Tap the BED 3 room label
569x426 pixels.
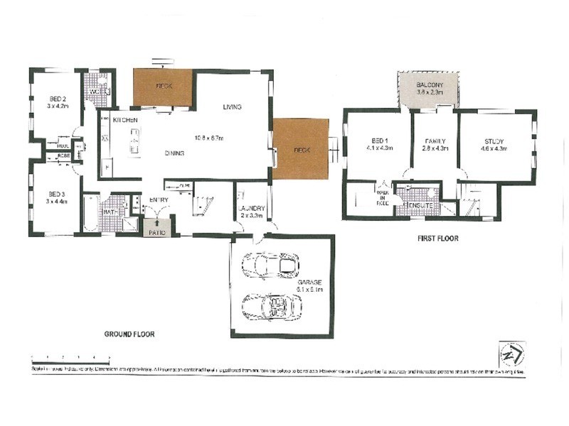pos(58,194)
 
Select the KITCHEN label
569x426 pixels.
pos(124,121)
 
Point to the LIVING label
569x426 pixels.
pos(233,107)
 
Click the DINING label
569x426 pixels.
pos(175,153)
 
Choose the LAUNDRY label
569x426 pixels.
pos(252,207)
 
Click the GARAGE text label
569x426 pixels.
pos(309,282)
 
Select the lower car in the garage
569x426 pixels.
pos(271,307)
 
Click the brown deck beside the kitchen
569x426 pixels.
pos(163,87)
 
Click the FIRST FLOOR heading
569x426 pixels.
pos(437,239)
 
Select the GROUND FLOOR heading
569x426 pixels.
pos(129,334)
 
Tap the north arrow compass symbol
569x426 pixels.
pos(511,353)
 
